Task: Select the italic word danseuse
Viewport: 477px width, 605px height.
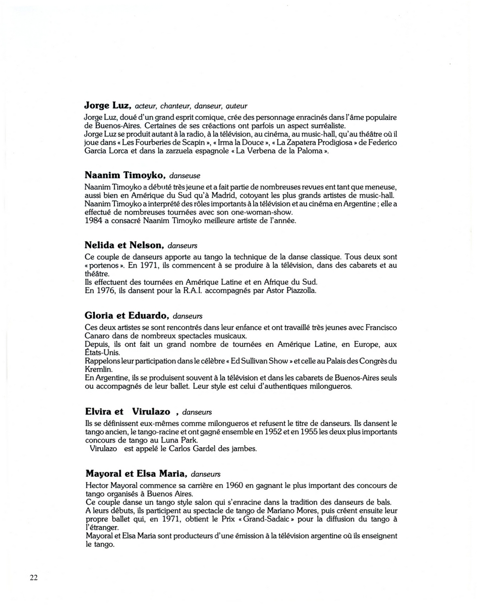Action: (185, 176)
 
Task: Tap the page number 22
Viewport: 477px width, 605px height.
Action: (34, 578)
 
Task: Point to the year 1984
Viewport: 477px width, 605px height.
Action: (94, 221)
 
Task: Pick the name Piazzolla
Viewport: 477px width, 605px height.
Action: (299, 290)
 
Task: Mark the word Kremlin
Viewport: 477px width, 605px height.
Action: (98, 369)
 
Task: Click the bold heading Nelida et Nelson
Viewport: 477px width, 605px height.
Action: (124, 246)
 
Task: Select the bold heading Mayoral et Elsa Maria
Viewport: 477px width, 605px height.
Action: (136, 474)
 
